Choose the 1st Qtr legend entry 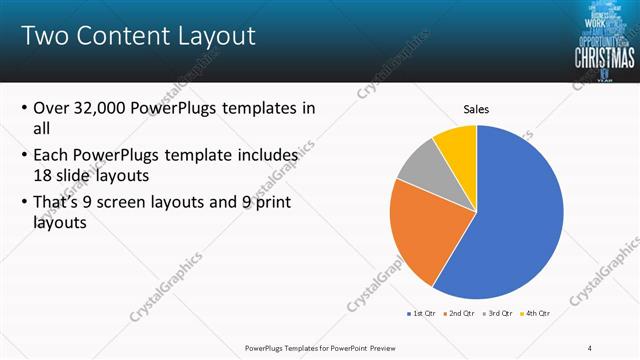pyautogui.click(x=424, y=314)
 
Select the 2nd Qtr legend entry pyautogui.click(x=463, y=314)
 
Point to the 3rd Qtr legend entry pyautogui.click(x=502, y=314)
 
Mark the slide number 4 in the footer pyautogui.click(x=589, y=347)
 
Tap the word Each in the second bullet pyautogui.click(x=52, y=157)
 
